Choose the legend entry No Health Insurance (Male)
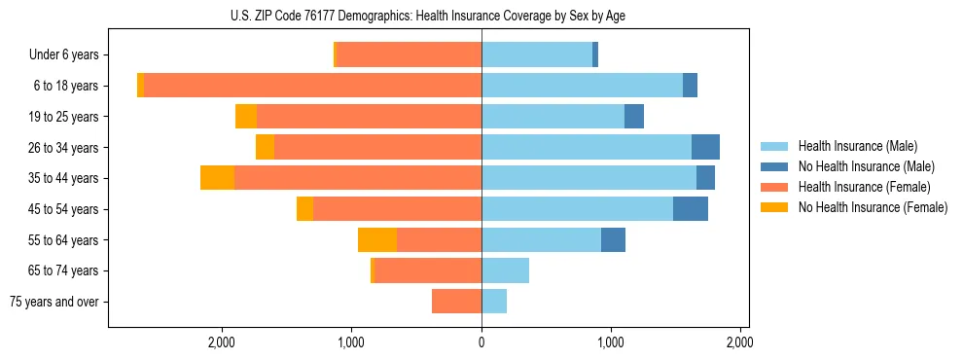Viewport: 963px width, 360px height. pos(859,166)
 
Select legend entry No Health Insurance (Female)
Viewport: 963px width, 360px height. pos(864,207)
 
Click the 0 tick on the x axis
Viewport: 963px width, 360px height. pos(481,342)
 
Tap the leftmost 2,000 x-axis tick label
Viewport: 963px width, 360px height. pos(222,342)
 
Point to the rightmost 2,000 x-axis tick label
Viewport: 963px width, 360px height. pos(740,342)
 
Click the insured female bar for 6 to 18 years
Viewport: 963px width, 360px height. pos(312,86)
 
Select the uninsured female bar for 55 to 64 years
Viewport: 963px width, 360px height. pos(377,239)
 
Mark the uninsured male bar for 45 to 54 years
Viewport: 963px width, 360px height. pos(691,208)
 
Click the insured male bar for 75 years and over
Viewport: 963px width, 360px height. pos(494,302)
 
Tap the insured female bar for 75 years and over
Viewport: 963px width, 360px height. pos(456,302)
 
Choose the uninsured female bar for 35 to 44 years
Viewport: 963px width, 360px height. pos(217,178)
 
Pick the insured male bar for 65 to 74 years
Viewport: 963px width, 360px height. pos(505,270)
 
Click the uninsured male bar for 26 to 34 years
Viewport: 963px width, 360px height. pos(705,147)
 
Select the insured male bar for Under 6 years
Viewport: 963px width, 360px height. pos(537,54)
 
